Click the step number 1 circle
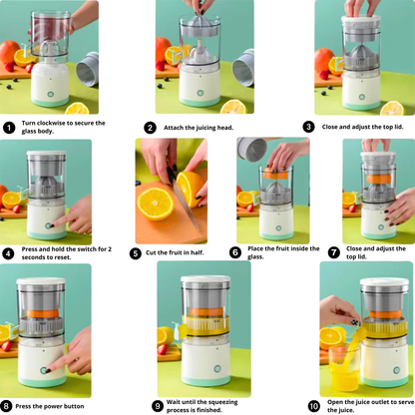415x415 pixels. point(9,128)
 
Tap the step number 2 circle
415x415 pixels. point(150,128)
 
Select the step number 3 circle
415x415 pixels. point(309,127)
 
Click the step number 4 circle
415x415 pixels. point(9,253)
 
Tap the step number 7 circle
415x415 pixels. point(334,253)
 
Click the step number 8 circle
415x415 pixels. point(7,406)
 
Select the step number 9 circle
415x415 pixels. point(158,406)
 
